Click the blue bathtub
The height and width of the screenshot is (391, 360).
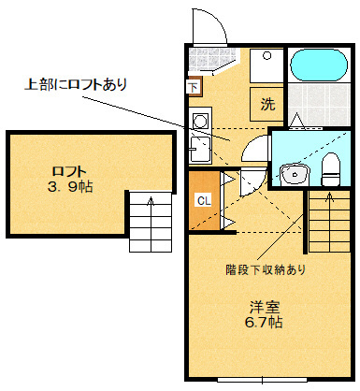(319, 65)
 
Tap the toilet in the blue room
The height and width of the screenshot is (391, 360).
(330, 169)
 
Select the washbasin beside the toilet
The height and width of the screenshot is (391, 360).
(295, 175)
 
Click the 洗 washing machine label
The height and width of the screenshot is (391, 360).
(267, 104)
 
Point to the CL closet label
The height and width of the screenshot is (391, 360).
(204, 200)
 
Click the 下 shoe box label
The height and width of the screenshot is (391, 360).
(194, 87)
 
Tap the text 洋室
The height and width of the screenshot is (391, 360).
(265, 308)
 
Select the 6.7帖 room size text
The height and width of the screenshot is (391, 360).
(264, 322)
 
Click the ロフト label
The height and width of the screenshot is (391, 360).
(69, 171)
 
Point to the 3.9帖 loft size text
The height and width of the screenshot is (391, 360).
(70, 186)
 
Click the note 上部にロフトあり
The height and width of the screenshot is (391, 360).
(76, 84)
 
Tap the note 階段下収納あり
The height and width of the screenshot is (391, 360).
(266, 269)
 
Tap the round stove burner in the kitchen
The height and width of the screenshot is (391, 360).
(200, 121)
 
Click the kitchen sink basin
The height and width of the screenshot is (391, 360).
(200, 150)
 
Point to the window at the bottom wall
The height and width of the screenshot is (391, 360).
(262, 380)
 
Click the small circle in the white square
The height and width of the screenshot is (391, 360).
(266, 56)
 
